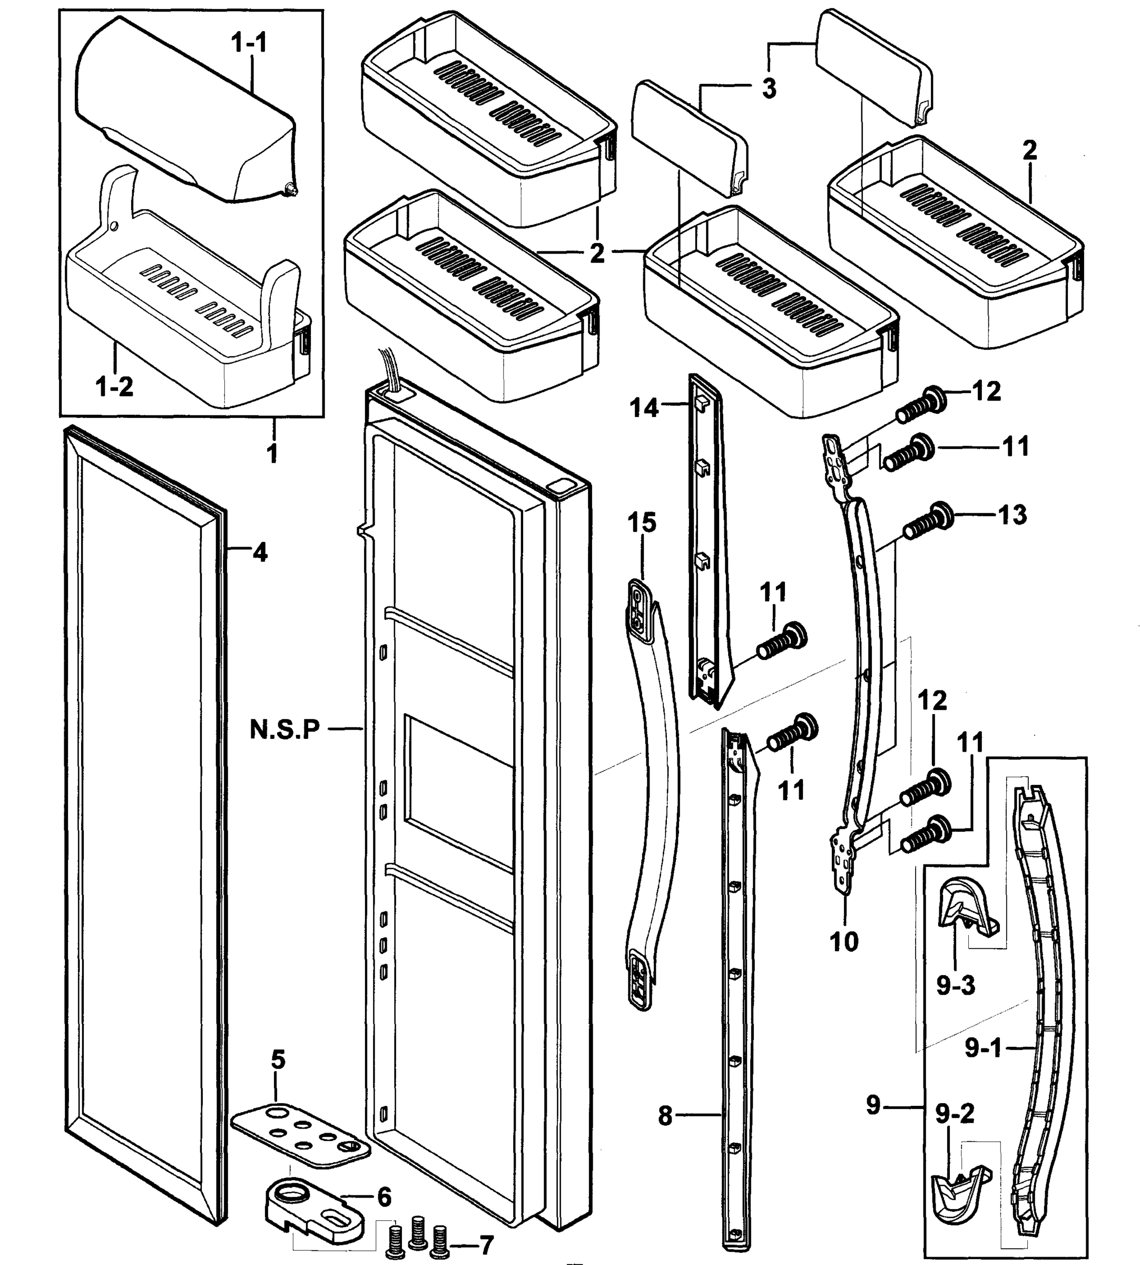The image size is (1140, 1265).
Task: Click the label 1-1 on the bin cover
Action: tap(249, 44)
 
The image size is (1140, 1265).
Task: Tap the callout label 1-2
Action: tap(115, 387)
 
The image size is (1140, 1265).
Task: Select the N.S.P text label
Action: tap(285, 728)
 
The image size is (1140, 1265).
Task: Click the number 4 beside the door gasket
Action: tap(259, 552)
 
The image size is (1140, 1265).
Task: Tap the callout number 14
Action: tap(644, 408)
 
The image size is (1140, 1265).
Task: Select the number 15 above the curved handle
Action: tap(642, 522)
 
